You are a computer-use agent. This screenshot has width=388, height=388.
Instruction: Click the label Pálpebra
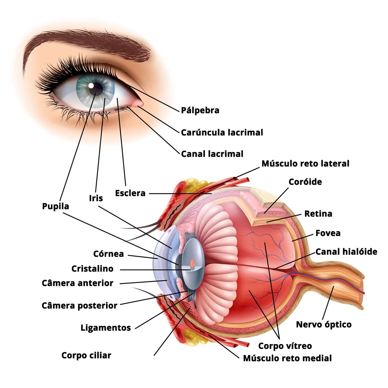point(200,111)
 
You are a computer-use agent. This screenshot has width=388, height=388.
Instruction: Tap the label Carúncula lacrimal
point(222,133)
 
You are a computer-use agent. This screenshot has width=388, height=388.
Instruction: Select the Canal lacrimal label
point(212,154)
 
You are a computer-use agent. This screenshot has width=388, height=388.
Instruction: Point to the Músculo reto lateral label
point(305,164)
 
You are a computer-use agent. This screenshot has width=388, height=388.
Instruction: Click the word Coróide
point(305,182)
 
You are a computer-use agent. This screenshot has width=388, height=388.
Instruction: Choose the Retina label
point(318,214)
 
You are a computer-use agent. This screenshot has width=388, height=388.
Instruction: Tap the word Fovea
point(328,233)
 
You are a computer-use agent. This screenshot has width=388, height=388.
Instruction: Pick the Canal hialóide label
point(346,252)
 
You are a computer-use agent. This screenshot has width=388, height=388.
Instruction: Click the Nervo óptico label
point(324,325)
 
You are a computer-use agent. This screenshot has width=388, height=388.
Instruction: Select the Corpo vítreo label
point(285,346)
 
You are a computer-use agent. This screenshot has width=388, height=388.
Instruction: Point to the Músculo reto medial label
point(287,358)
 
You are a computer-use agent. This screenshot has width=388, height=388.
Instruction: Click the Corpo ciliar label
point(86,355)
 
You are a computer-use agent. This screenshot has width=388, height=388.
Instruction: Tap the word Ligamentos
point(106,328)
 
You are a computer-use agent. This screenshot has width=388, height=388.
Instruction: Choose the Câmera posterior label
point(79,306)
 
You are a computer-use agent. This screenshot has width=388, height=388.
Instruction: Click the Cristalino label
point(92,269)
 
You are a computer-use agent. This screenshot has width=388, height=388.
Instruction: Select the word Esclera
point(130,193)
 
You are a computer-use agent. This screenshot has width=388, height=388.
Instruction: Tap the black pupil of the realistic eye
point(96,88)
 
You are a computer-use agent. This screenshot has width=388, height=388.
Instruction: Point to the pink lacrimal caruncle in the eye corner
point(138,103)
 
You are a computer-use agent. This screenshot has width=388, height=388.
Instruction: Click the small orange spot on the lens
point(193,263)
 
